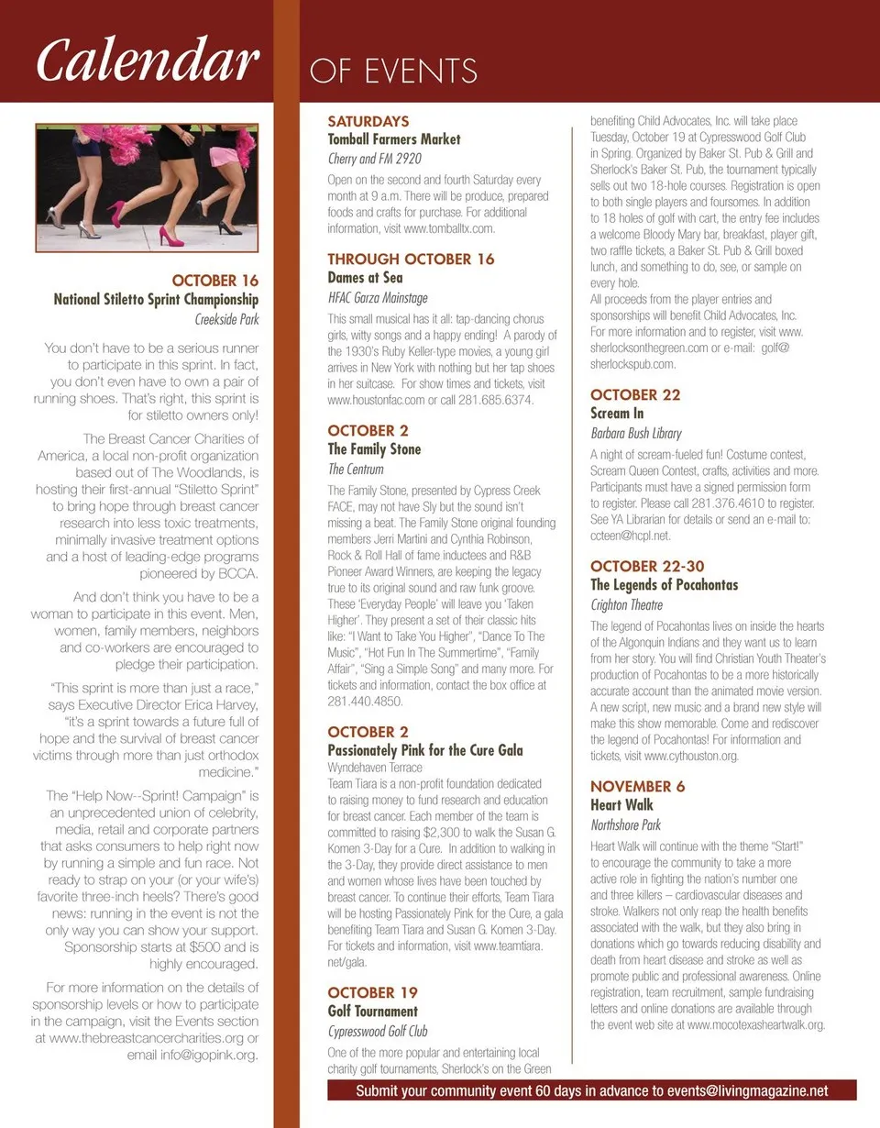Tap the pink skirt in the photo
click(x=225, y=157)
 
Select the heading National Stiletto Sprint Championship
click(x=156, y=300)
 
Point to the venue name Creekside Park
click(x=227, y=320)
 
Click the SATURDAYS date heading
click(x=368, y=121)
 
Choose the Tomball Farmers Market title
click(x=394, y=139)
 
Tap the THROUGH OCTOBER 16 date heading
click(x=411, y=260)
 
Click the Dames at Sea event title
click(x=366, y=278)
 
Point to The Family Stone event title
click(x=374, y=449)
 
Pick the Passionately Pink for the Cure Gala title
click(x=425, y=750)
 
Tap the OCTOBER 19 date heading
click(x=373, y=993)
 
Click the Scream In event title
click(x=617, y=414)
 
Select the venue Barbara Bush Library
click(x=636, y=433)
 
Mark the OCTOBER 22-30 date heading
click(x=647, y=566)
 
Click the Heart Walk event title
click(x=621, y=805)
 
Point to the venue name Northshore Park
click(x=625, y=825)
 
